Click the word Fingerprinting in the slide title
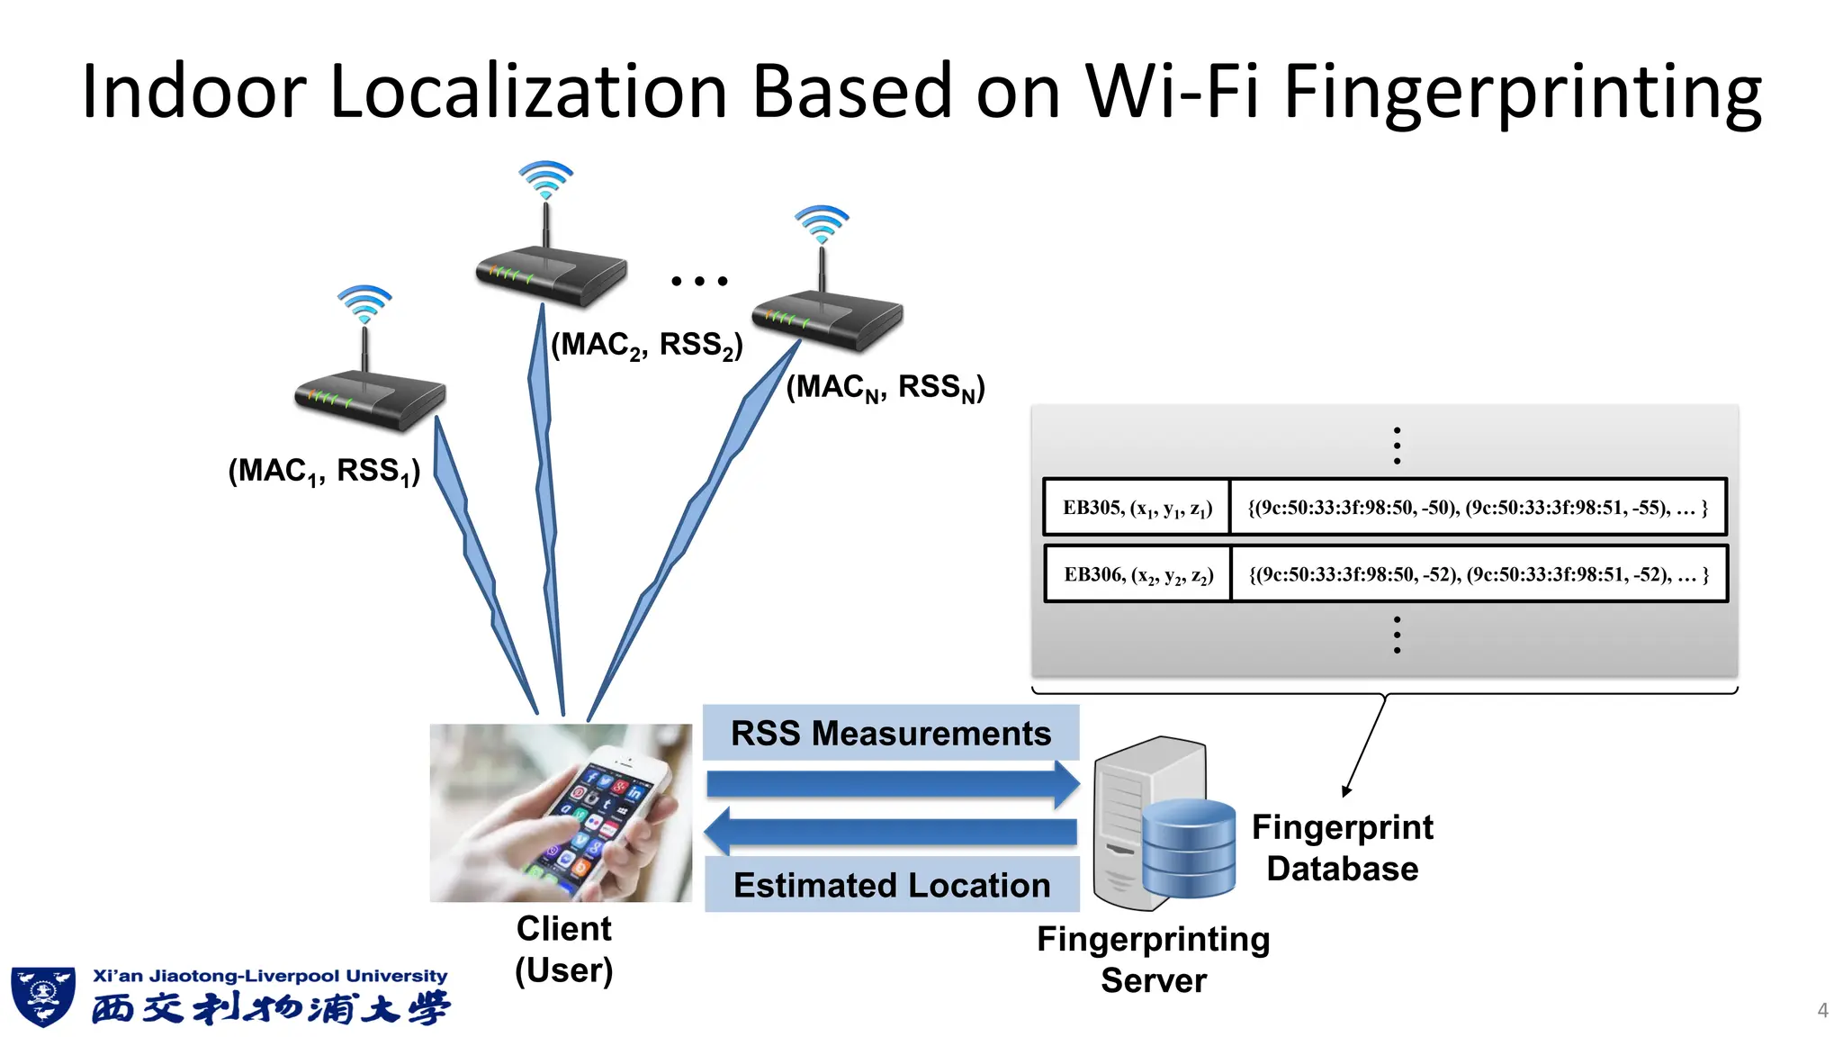coord(1521,93)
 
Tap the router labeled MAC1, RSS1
coord(370,396)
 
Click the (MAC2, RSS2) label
coord(647,346)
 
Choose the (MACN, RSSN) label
coord(886,388)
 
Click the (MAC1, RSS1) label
coord(324,471)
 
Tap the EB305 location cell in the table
coord(1137,508)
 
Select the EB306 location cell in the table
coord(1137,574)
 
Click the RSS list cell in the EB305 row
coord(1478,508)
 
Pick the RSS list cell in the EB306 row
coord(1479,574)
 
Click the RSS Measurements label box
coord(891,733)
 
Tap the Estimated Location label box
coord(892,885)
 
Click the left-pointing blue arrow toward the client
coord(891,832)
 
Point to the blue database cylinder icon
coord(1189,849)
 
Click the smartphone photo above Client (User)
coord(561,813)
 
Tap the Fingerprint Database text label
coord(1342,847)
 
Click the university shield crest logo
coord(42,996)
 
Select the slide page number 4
coord(1822,1010)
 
